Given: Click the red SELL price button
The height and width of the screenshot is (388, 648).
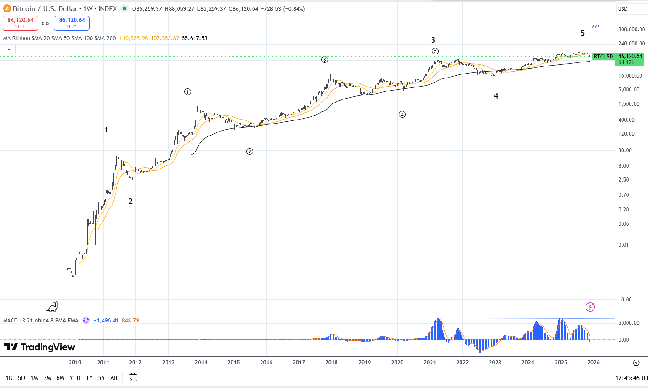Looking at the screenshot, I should point(21,23).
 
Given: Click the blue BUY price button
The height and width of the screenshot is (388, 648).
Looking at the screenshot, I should point(72,23).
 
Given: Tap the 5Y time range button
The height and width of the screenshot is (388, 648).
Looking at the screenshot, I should point(101,378).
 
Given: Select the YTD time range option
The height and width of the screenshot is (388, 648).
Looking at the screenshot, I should point(75,378).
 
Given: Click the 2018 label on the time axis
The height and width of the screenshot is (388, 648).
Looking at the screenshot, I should point(332,363).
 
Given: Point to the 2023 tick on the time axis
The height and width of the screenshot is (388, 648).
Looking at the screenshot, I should point(495,363).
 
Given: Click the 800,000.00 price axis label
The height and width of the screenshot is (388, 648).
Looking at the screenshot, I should point(631,29).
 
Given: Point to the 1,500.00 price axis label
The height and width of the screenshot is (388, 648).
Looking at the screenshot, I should point(629,104).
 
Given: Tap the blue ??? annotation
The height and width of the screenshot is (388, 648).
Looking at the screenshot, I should point(595,27).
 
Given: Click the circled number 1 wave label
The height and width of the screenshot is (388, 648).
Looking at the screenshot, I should point(188,92).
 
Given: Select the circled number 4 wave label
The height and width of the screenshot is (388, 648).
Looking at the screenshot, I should point(402,115).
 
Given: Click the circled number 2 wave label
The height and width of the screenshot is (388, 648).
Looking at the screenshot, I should point(249,152).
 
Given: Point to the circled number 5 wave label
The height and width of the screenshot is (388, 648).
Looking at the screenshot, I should point(435,51).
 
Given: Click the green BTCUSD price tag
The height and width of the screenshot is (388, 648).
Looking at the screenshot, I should point(603,57).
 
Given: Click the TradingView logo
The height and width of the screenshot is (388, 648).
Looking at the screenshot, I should point(39,347).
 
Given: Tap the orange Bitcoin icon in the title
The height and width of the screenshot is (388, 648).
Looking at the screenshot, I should point(7,8).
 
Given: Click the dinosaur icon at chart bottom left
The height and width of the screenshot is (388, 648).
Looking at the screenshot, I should point(53,306).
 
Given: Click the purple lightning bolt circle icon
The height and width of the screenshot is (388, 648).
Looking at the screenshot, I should point(590,307).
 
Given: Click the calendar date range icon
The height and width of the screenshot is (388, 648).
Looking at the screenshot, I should point(133,378).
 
